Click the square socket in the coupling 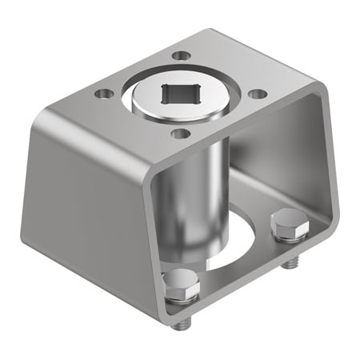click(180, 94)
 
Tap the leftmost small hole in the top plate click(102, 94)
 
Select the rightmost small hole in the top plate click(256, 94)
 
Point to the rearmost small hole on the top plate click(182, 56)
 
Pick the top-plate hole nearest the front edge click(181, 133)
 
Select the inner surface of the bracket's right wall click(316, 176)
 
